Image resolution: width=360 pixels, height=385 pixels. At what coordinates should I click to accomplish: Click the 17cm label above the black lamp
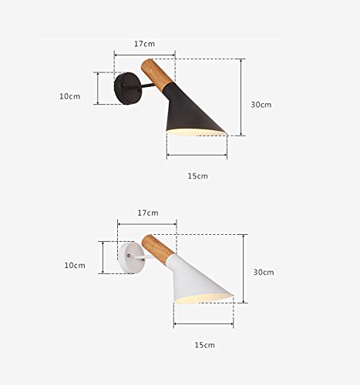coord(144,44)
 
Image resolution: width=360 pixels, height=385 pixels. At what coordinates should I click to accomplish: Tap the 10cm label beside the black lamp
coord(70,96)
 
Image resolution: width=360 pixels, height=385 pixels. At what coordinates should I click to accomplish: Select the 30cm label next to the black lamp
coord(261,105)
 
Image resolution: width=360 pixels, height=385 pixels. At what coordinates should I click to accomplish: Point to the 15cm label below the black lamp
coord(197,176)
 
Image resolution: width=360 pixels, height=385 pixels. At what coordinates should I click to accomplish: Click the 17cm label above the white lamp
coord(148,213)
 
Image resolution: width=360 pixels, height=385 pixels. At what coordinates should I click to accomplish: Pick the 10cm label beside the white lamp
coord(75,266)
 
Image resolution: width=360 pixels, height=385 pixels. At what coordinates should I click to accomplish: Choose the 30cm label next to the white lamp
coord(264,272)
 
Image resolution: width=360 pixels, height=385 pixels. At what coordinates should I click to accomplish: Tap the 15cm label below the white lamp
coord(204,345)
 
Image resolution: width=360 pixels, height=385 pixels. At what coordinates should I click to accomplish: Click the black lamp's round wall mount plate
coord(128,89)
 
